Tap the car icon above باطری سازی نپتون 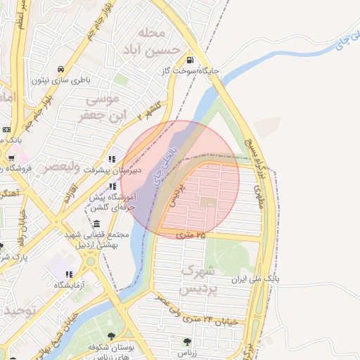click(x=62, y=69)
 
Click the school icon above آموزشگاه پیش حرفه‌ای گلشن click(x=112, y=186)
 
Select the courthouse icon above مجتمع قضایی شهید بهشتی click(x=96, y=224)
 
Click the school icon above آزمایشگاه click(x=69, y=274)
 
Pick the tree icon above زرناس click(x=187, y=342)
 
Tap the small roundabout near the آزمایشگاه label click(x=90, y=262)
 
